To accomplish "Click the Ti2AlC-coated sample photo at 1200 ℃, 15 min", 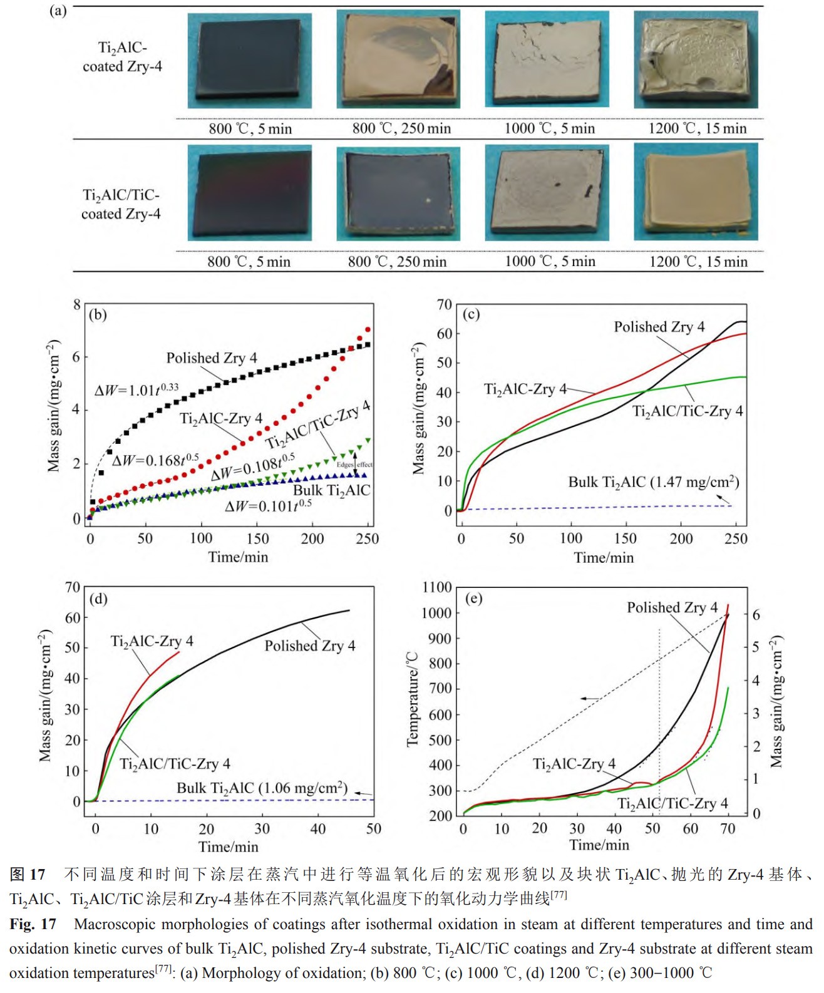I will coord(696,60).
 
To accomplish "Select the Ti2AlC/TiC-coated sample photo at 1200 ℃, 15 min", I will coord(696,192).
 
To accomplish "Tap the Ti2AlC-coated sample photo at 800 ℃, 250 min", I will coord(398,60).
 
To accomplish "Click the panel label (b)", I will coord(98,314).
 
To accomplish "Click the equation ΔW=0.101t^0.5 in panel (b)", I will coord(268,505).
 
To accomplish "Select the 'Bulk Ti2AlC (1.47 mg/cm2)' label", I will coord(654,482).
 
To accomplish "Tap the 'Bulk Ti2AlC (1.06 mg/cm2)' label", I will coord(262,788).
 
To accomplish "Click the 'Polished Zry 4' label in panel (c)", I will coord(659,327).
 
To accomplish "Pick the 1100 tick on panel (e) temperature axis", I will coord(437,587).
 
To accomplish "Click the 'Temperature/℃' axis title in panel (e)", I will coord(412,699).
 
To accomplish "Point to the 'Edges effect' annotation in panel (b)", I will coord(354,465).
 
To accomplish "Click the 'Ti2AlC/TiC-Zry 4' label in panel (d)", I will coord(175,764).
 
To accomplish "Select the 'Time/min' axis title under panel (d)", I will coord(229,846).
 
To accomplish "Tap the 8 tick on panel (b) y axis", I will coord(77,305).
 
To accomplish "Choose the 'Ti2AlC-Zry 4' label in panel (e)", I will coord(574,764).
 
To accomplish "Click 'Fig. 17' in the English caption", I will coord(33,924).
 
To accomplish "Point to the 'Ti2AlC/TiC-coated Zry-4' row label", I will coord(121,204).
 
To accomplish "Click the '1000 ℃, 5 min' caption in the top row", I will coord(550,128).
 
